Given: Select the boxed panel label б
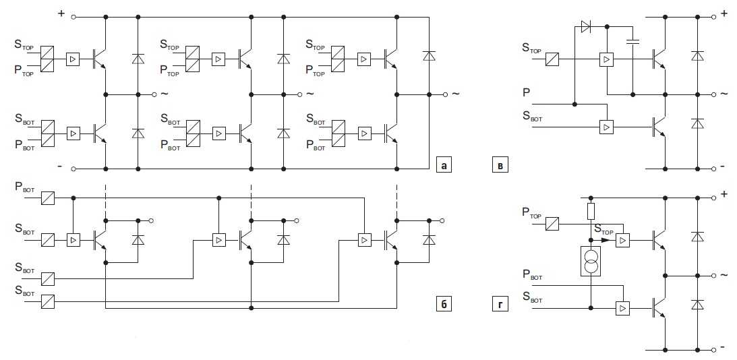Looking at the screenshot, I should pyautogui.click(x=442, y=305).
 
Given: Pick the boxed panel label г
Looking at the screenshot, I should pyautogui.click(x=499, y=305).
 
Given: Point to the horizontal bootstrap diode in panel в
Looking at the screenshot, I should pyautogui.click(x=585, y=27).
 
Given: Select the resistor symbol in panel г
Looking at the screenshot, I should pyautogui.click(x=591, y=211).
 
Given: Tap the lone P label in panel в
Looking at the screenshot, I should pyautogui.click(x=526, y=91).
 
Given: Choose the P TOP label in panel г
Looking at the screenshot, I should pyautogui.click(x=531, y=214).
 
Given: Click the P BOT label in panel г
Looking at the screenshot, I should pyautogui.click(x=531, y=274).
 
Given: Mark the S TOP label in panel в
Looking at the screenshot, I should pyautogui.click(x=531, y=48).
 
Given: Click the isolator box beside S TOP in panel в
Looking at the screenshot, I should pyautogui.click(x=554, y=59).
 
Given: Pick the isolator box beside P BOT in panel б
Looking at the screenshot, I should pyautogui.click(x=47, y=198).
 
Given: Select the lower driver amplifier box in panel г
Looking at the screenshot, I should pyautogui.click(x=622, y=308).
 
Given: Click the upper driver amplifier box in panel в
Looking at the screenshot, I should pyautogui.click(x=607, y=60).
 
